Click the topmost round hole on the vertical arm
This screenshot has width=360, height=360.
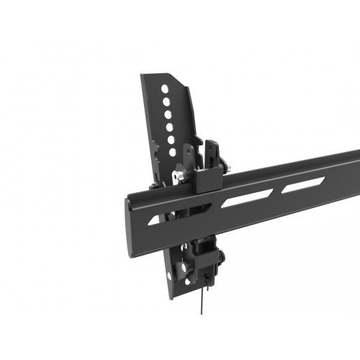pos(165,89)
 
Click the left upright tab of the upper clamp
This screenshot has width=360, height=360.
pos(188,153)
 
